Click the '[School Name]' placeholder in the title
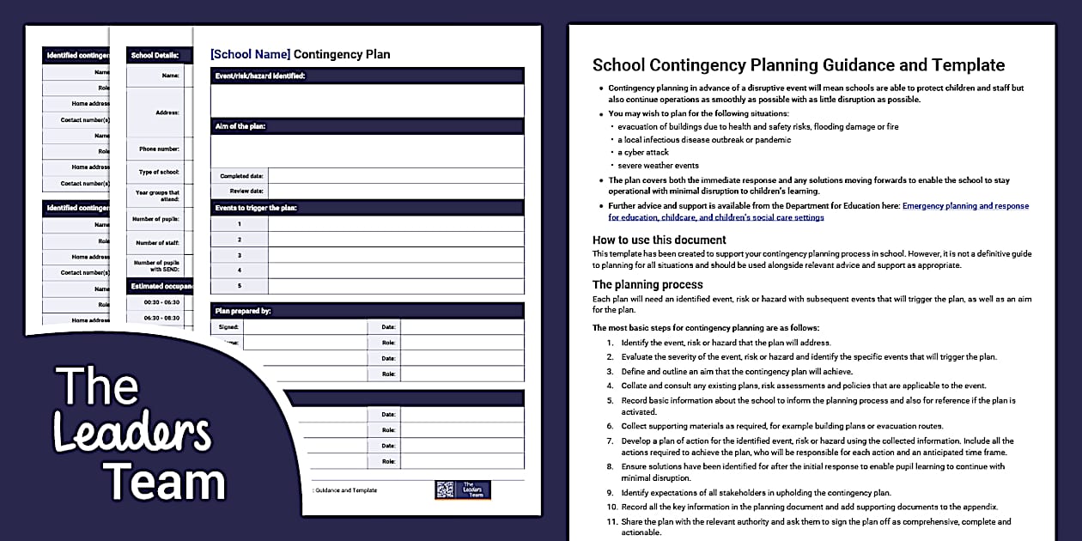(250, 54)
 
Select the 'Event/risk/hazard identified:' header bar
(258, 76)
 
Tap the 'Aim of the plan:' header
(240, 126)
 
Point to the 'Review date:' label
(246, 191)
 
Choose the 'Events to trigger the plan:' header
(255, 208)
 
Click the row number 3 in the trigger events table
(240, 255)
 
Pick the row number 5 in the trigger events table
(240, 286)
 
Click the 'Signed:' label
(228, 326)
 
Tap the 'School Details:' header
(155, 56)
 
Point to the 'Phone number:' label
(160, 149)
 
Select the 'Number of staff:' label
(158, 243)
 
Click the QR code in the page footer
(444, 489)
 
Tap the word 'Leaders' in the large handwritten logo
(131, 434)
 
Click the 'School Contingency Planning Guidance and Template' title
(799, 65)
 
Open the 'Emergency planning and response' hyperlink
(965, 206)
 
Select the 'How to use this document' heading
(660, 240)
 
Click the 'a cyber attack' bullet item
(643, 152)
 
